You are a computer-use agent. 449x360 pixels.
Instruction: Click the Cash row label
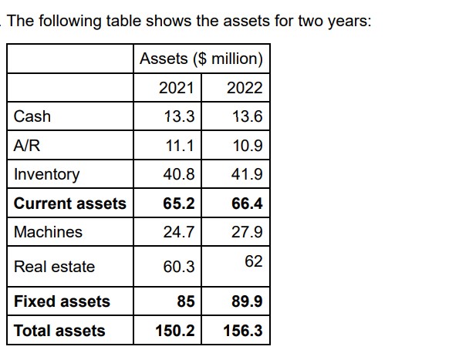pos(32,116)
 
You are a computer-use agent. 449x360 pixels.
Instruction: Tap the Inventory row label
pos(46,174)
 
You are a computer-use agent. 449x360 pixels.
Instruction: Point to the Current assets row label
pos(69,204)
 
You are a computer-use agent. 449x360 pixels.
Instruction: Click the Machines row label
pos(48,232)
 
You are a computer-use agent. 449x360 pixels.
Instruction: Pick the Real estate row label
pos(54,267)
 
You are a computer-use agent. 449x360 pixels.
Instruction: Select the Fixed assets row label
pos(62,301)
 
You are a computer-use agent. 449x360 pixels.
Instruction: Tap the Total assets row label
pos(59,331)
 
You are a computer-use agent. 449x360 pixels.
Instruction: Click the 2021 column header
pos(177,87)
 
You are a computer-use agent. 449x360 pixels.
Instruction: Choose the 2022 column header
pos(245,87)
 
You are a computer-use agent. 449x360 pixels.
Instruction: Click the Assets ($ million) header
pos(201,59)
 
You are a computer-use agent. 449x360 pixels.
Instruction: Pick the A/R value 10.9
pos(247,146)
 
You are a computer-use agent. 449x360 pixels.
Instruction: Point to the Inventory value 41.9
pos(247,174)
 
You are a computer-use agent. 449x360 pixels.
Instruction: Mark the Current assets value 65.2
pos(179,204)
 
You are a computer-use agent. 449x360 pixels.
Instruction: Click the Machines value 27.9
pos(247,232)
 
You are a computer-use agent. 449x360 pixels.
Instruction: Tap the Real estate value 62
pos(253,261)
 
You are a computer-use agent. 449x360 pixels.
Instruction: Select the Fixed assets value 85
pos(185,301)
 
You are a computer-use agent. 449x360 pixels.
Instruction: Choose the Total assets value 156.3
pos(242,331)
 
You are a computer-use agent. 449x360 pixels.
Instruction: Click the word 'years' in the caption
pos(346,21)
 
